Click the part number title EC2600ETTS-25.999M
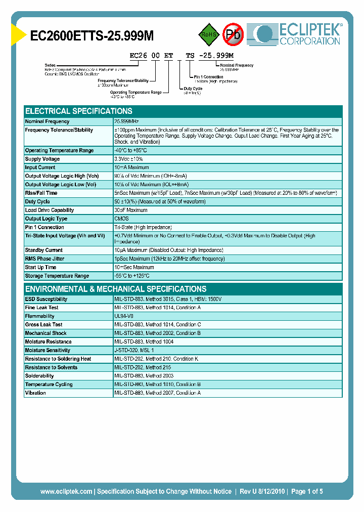tap(92, 35)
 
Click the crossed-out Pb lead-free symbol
tap(233, 34)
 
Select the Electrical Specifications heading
tap(79, 111)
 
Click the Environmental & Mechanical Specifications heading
tap(116, 289)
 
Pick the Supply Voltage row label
tap(42, 159)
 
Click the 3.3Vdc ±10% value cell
tap(129, 159)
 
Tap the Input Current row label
tap(40, 167)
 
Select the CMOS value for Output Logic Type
tap(121, 219)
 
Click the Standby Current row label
tap(43, 250)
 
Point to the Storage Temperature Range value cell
tap(132, 276)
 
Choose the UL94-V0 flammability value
tap(124, 316)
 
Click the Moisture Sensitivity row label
tap(48, 350)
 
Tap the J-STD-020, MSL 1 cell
tap(134, 350)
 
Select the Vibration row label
tap(35, 393)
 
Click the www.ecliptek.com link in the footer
tap(66, 491)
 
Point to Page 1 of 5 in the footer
tap(307, 491)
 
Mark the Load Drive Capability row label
tap(50, 210)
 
